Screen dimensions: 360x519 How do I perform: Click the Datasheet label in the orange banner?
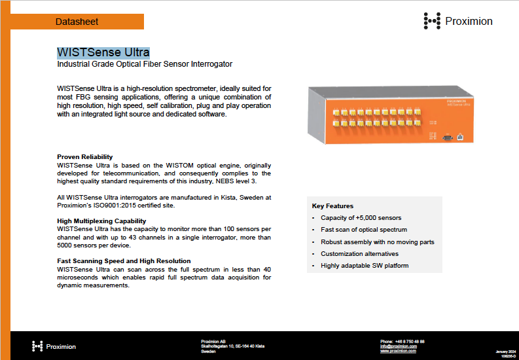77,22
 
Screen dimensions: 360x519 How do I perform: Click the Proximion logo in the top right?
458,21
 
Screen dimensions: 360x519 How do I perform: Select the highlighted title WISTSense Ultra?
103,52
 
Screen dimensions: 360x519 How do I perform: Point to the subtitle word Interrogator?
209,64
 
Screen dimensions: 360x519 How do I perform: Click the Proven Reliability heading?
85,157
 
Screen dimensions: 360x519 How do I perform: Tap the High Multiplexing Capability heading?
101,221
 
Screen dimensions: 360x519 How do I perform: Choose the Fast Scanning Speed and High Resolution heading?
124,261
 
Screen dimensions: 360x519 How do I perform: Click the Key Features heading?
332,206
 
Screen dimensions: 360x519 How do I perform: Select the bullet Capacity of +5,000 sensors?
361,218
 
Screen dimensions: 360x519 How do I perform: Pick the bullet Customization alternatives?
359,253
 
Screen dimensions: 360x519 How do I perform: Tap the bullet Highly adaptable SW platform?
365,266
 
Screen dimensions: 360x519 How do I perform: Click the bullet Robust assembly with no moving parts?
377,242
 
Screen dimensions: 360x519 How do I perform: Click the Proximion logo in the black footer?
54,346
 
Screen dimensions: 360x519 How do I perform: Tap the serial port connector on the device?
447,137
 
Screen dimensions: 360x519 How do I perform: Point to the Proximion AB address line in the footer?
213,342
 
